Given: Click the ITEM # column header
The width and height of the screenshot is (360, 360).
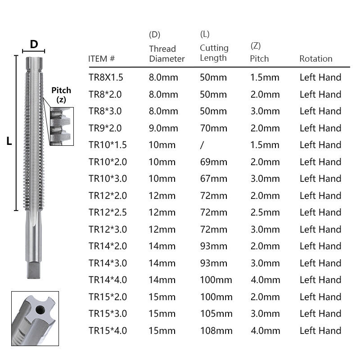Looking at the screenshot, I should [x=102, y=58].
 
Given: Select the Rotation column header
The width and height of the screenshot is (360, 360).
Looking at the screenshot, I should [x=316, y=58].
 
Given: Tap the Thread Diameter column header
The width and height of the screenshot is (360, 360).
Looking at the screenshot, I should [x=166, y=54].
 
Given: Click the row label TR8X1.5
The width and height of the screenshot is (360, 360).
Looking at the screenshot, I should [x=106, y=77].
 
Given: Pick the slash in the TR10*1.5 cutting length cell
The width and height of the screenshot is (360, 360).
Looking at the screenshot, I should [x=202, y=145].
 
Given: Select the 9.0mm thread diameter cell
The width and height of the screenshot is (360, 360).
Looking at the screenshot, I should [x=163, y=128].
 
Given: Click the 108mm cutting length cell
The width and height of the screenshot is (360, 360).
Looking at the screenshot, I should [x=216, y=331].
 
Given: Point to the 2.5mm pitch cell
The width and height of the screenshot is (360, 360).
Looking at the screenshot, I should [x=265, y=212].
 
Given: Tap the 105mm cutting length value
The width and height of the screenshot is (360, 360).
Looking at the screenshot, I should [x=216, y=314].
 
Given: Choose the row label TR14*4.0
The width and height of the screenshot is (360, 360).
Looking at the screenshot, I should [x=108, y=280].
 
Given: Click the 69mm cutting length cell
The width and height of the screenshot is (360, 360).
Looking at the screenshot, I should [x=213, y=162].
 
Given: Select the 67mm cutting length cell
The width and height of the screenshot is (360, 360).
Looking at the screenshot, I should [x=213, y=179].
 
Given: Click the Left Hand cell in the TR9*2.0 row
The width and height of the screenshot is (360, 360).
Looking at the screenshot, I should [x=320, y=128].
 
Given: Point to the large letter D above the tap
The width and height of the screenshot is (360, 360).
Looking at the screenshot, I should [x=34, y=44].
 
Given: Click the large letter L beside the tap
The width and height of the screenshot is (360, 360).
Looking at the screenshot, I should [x=9, y=141].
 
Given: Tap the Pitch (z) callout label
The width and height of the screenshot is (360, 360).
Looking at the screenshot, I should [x=61, y=95].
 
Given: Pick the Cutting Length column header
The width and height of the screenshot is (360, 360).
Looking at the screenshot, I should [x=214, y=53].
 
